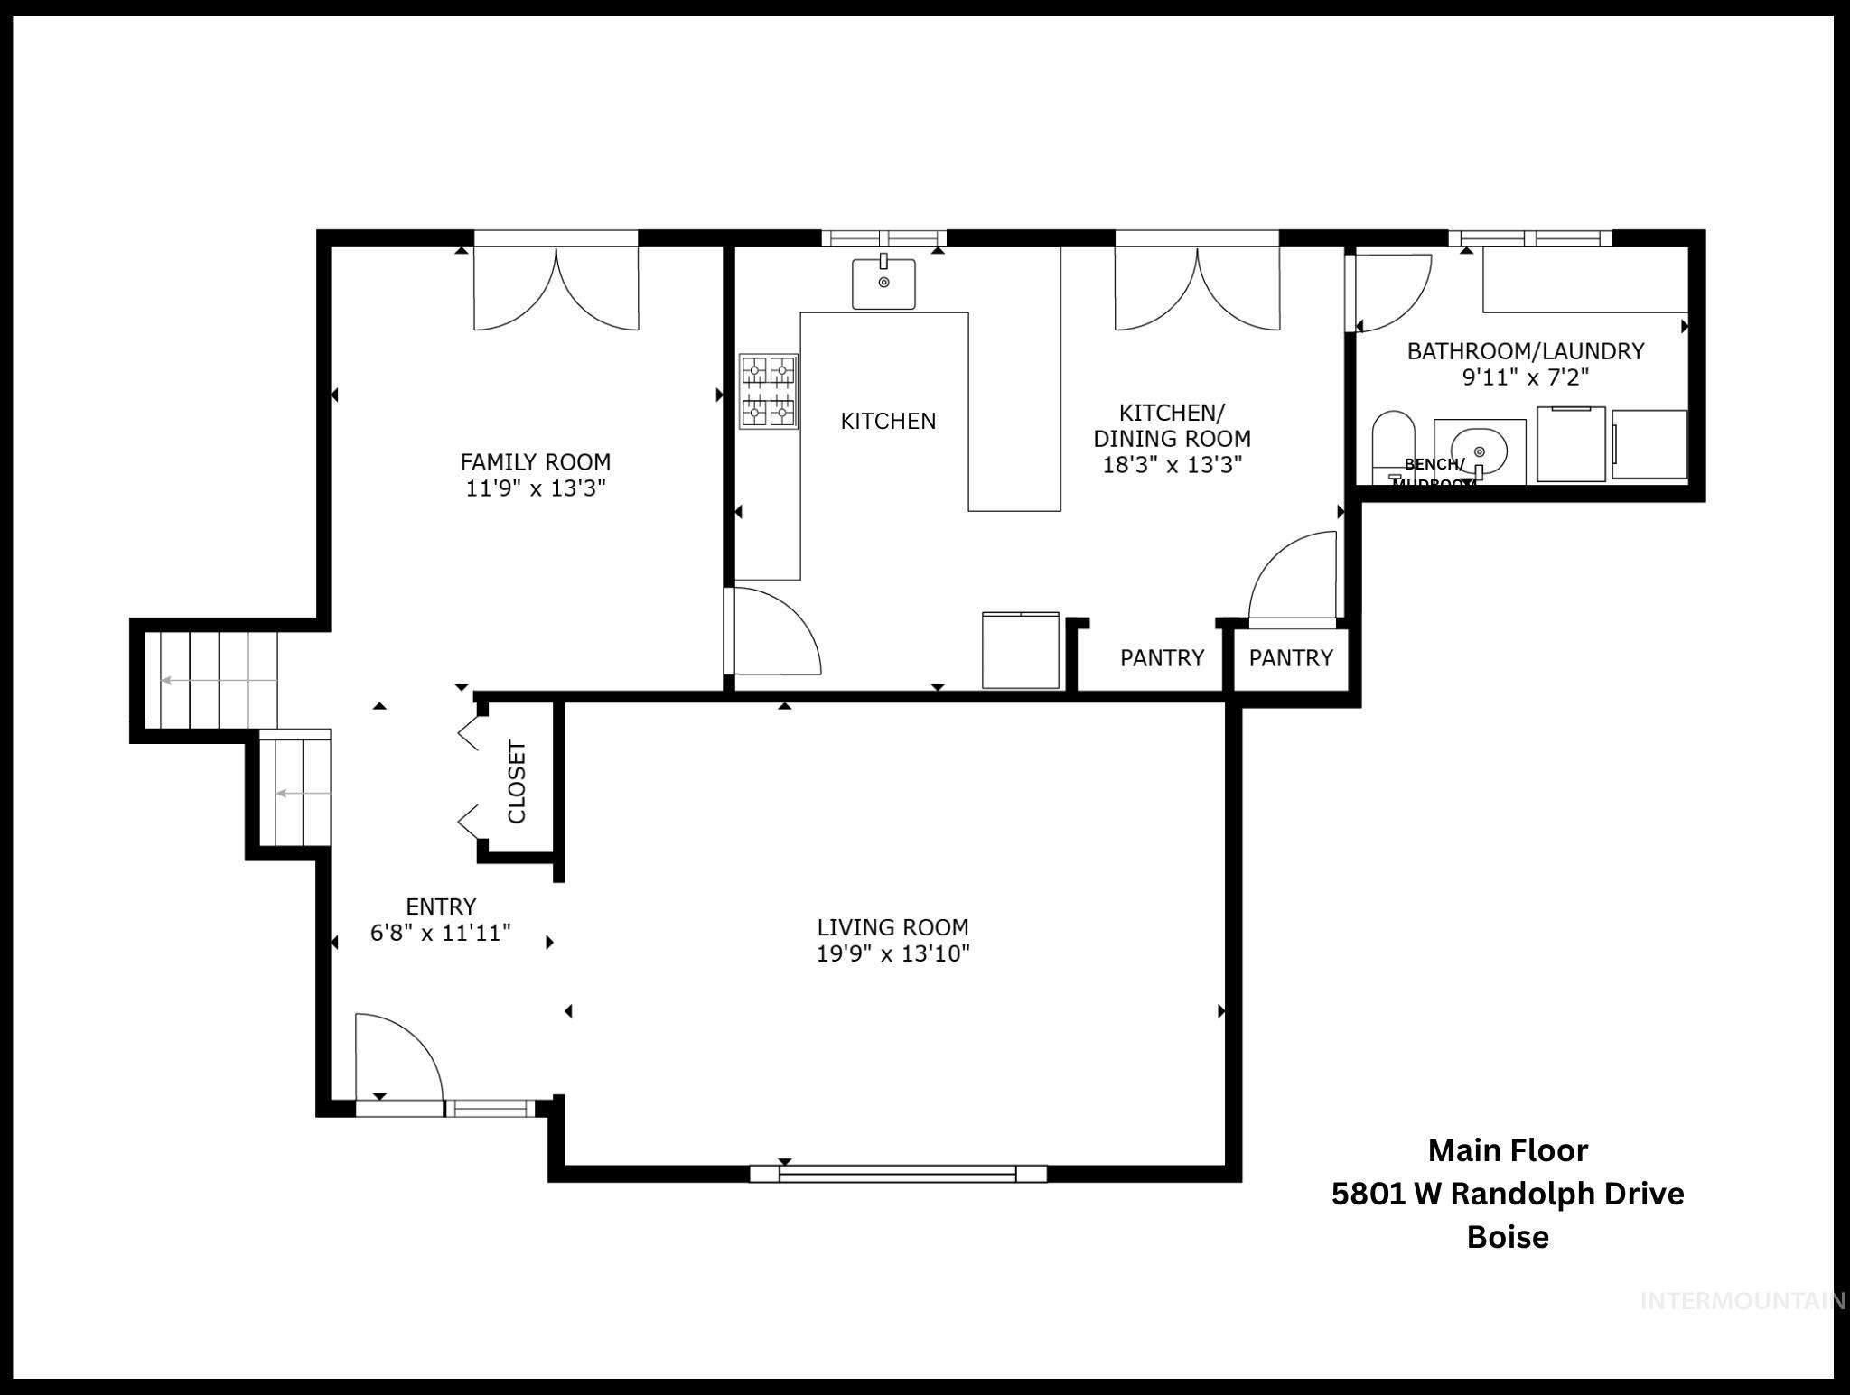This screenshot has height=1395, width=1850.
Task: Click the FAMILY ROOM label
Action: [535, 462]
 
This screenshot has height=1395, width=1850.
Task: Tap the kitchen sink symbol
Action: [883, 283]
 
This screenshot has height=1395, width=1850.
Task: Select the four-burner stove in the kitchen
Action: [768, 391]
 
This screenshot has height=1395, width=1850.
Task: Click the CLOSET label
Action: [517, 782]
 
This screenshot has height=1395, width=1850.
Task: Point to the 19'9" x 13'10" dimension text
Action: [892, 953]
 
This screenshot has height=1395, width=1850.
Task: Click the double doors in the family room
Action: [556, 287]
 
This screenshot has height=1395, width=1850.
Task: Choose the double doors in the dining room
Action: [1197, 287]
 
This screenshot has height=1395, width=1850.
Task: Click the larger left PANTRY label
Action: [1162, 658]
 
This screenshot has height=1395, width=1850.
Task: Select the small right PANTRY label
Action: [1290, 658]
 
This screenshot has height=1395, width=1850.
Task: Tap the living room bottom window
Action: [898, 1173]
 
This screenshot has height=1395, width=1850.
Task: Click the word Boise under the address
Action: [1507, 1236]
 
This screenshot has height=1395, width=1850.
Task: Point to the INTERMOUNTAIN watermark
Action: [1742, 1300]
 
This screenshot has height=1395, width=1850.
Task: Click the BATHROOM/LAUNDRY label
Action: [1525, 350]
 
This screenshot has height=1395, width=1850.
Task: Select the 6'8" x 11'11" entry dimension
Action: [441, 933]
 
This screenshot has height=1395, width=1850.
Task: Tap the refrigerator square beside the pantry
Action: [1021, 649]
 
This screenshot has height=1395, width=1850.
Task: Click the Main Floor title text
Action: [1507, 1150]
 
